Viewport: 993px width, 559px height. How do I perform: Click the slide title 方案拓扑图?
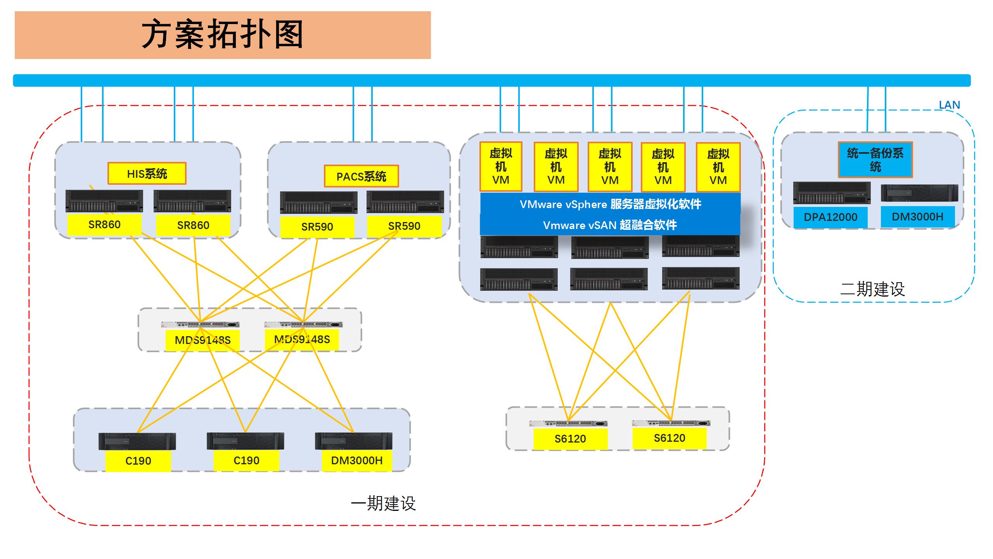[x=222, y=35]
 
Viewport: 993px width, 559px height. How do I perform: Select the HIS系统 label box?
[x=147, y=173]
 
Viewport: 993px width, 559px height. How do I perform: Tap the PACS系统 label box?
[x=361, y=177]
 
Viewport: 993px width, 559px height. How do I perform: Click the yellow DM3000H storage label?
[x=356, y=460]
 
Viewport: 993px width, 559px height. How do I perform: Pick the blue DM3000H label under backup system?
[x=917, y=217]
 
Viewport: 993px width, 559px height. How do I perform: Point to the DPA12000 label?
[x=830, y=217]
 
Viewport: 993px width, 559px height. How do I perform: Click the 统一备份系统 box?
[x=875, y=160]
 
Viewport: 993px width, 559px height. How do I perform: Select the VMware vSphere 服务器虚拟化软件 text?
[x=610, y=204]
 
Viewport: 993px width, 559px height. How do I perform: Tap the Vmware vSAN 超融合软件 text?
[x=610, y=225]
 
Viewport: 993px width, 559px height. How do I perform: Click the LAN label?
[x=949, y=105]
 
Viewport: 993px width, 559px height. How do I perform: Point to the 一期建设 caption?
[x=383, y=503]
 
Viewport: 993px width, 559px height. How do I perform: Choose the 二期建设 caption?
[x=872, y=289]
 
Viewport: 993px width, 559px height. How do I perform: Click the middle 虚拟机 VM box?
[x=610, y=167]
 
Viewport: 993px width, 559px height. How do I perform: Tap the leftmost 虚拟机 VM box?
[x=501, y=167]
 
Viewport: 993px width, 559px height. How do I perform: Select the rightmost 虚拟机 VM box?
[x=718, y=167]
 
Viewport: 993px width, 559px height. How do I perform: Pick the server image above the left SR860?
[x=104, y=201]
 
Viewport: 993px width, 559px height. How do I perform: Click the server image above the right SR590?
[x=405, y=202]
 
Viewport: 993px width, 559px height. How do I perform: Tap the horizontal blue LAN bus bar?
[x=492, y=80]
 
